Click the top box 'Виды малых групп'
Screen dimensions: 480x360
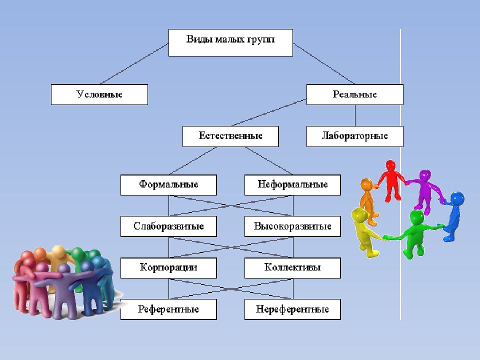[x=230, y=42]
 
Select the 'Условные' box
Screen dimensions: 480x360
[x=99, y=94]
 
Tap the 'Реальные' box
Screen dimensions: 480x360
[x=355, y=94]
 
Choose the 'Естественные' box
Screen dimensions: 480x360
[x=230, y=136]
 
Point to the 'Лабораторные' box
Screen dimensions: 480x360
[x=355, y=136]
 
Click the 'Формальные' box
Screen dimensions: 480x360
[x=168, y=185]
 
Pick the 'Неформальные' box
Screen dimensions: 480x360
[x=292, y=185]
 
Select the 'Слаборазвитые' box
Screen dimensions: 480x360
[x=168, y=226]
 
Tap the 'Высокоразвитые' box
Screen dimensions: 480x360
[x=292, y=226]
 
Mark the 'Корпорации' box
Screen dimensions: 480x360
[x=168, y=268]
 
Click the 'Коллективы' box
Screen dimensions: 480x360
[x=292, y=268]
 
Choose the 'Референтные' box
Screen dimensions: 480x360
[x=168, y=309]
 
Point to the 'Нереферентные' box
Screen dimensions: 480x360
[x=292, y=309]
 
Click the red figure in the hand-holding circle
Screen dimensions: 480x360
[x=391, y=180]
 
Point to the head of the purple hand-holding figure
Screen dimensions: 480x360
[x=425, y=175]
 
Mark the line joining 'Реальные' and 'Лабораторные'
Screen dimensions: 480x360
[x=355, y=115]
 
